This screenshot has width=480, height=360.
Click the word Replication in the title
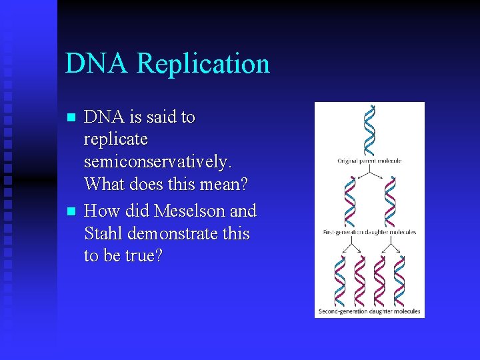pos(203,64)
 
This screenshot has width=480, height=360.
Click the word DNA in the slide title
pos(97,64)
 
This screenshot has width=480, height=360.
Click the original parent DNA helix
pos(369,131)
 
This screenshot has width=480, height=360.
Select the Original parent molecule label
pos(369,161)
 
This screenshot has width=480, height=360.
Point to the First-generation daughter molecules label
pos(369,233)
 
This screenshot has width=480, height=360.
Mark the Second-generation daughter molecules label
pos(369,311)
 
